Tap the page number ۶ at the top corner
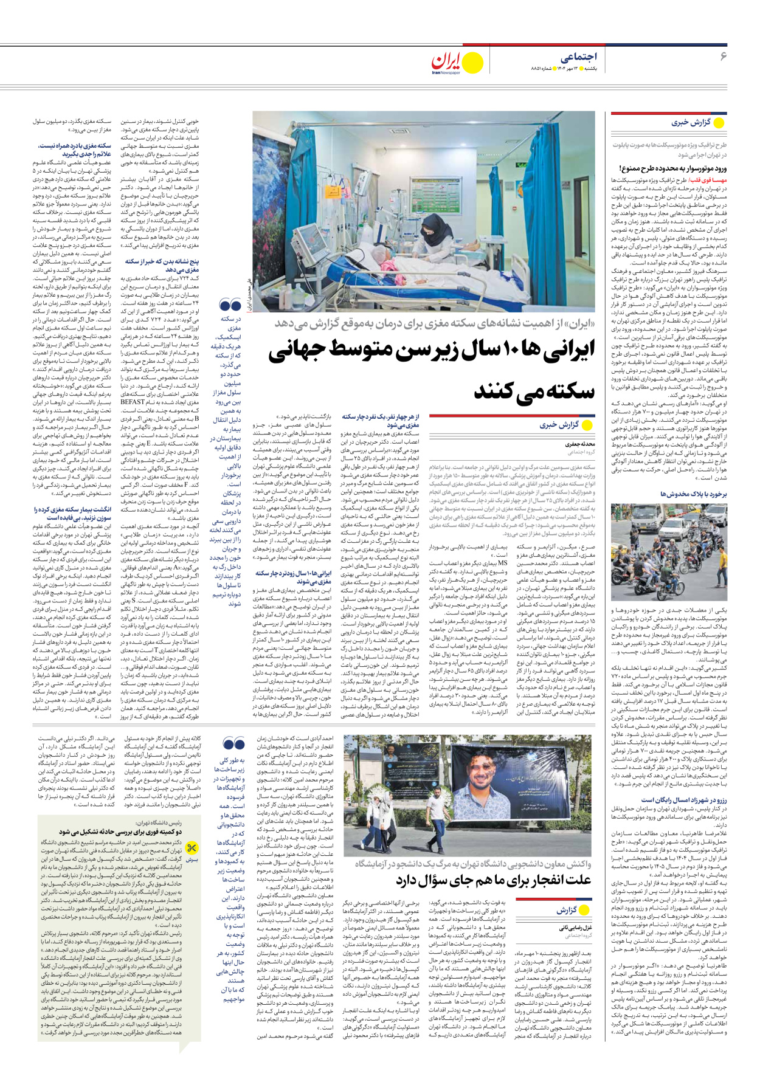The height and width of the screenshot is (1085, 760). click(x=723, y=57)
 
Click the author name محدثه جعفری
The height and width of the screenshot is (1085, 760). click(x=580, y=444)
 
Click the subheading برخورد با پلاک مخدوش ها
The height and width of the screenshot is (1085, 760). click(x=693, y=494)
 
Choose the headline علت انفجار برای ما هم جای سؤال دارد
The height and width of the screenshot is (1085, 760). click(x=493, y=880)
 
